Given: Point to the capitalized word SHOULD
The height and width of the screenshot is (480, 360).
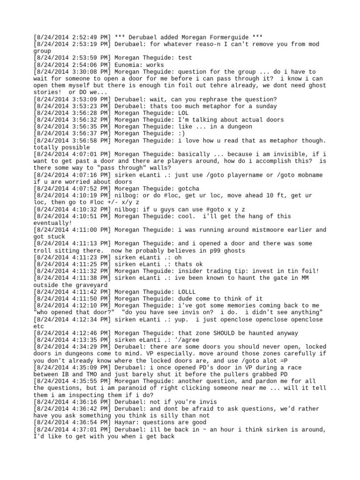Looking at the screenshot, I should coord(225,332).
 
